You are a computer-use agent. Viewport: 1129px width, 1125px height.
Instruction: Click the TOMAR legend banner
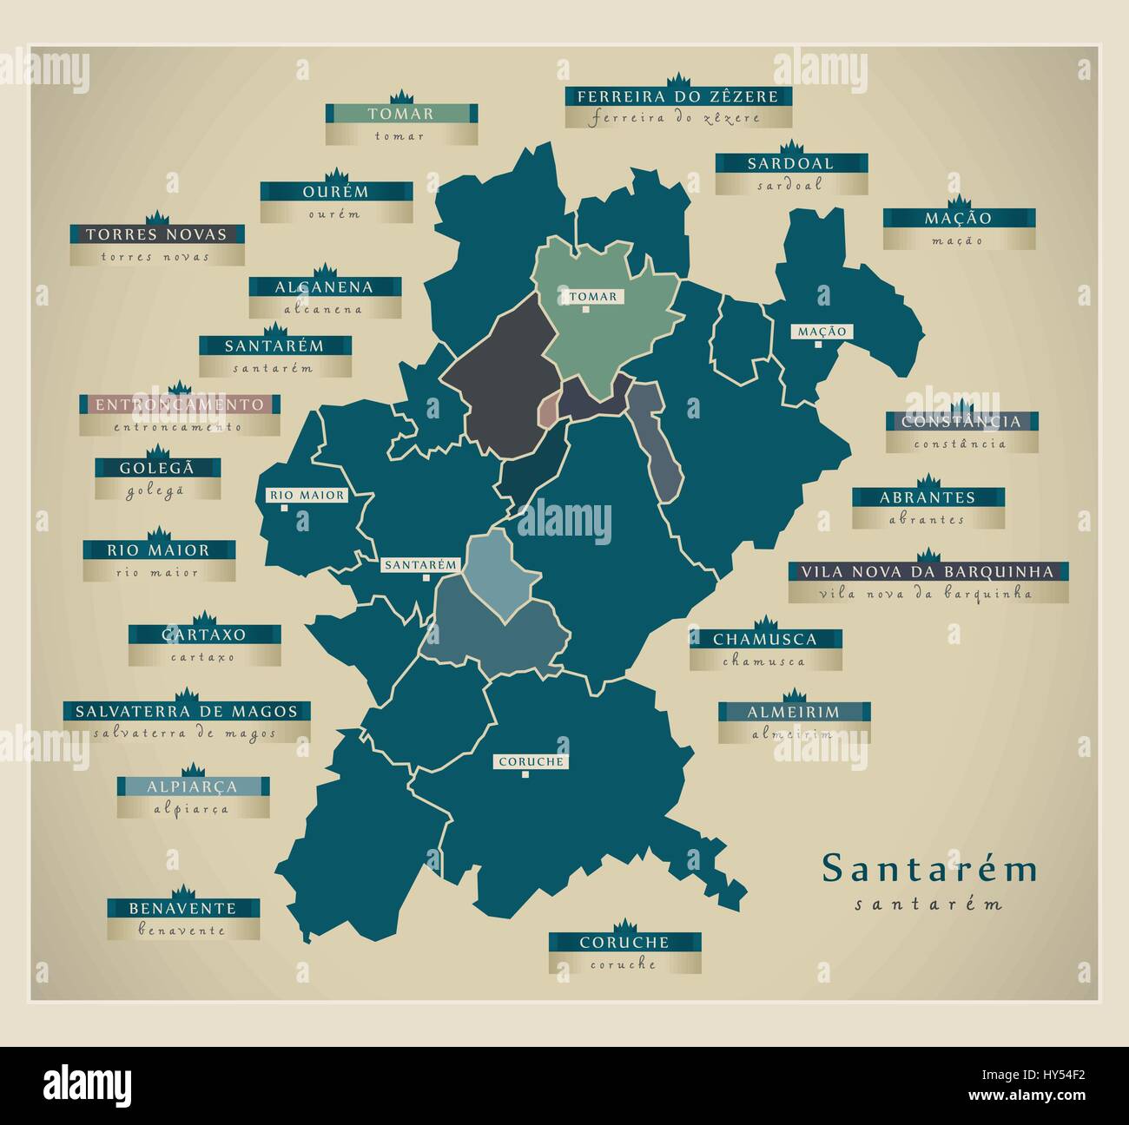click(x=400, y=114)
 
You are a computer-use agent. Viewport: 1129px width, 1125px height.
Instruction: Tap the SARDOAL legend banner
click(x=790, y=163)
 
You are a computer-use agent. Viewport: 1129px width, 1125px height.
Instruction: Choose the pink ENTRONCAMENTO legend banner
click(x=179, y=405)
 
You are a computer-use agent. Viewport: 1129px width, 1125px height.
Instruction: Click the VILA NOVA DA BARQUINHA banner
click(x=928, y=572)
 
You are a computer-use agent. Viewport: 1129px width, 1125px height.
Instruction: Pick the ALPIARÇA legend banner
click(x=193, y=786)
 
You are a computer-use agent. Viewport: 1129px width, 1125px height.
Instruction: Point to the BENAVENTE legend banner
click(x=182, y=908)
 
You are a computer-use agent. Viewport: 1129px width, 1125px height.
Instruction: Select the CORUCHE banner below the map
click(x=624, y=942)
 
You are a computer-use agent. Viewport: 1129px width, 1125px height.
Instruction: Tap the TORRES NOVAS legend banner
click(x=156, y=234)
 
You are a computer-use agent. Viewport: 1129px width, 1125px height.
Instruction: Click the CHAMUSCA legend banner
click(x=765, y=639)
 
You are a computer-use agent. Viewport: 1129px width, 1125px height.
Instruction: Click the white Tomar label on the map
click(x=593, y=297)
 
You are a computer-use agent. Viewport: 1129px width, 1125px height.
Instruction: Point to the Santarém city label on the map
click(x=420, y=564)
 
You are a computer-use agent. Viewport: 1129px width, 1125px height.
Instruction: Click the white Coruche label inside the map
click(x=531, y=762)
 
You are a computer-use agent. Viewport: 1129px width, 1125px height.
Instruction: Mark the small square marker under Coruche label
click(x=525, y=774)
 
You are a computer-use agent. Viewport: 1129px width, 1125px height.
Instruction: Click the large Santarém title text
click(x=929, y=869)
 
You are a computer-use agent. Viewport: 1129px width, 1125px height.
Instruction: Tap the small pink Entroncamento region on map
click(x=547, y=409)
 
